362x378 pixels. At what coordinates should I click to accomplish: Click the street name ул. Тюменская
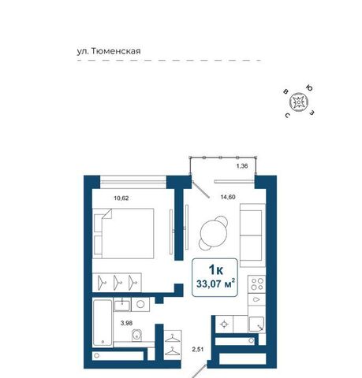point(109,51)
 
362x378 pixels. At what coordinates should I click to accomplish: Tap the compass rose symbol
point(298,102)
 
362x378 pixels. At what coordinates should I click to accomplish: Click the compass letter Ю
point(310,88)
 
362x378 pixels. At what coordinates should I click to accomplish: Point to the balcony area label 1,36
point(242,166)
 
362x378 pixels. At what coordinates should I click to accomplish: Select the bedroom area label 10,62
point(121,198)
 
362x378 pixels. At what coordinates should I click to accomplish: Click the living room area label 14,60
point(228,197)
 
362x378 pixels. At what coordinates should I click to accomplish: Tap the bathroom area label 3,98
point(126,323)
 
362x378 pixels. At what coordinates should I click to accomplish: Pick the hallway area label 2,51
point(198,350)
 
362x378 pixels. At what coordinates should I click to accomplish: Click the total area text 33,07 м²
point(215,283)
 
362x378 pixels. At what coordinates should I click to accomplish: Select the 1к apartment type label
point(215,269)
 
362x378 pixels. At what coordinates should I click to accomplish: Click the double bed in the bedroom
point(123,233)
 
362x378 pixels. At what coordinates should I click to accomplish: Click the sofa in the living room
point(252,235)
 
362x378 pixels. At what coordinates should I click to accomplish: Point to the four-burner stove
point(257,284)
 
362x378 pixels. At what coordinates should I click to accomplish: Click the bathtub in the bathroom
point(103,323)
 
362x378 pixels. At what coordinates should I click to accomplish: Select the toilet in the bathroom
point(137,335)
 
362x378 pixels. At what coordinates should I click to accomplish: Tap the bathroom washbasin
point(122,305)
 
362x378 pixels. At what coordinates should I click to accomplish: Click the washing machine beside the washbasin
point(140,304)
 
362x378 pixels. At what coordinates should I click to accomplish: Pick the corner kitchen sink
point(256,324)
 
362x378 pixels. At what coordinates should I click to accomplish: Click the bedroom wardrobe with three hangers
point(117,283)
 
